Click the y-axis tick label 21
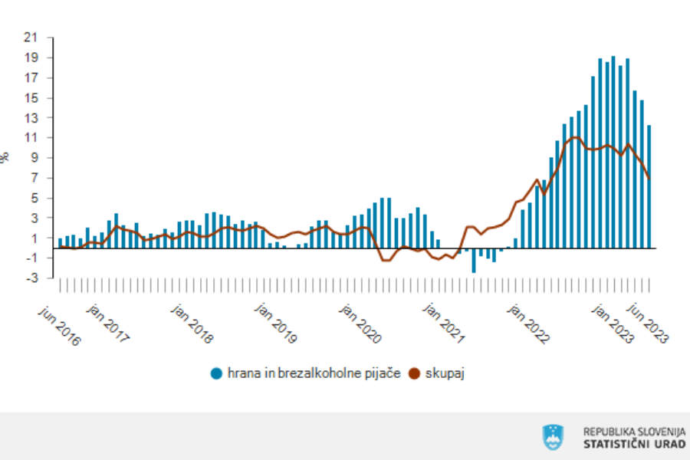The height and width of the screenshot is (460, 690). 31,38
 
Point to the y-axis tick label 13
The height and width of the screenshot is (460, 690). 31,117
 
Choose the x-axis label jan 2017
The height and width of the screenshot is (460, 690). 109,324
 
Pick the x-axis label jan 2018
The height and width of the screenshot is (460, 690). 192,324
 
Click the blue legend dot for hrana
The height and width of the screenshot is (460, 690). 217,373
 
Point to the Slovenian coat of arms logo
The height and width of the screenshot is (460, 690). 552,437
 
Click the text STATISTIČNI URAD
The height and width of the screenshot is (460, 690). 635,444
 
